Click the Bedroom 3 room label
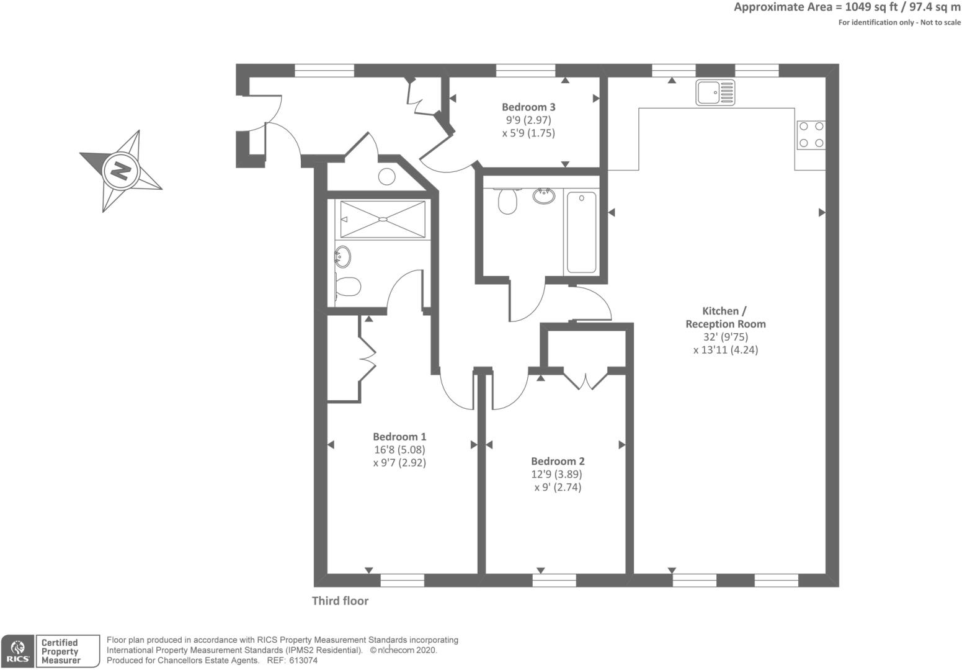click(x=528, y=107)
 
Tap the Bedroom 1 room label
click(x=399, y=437)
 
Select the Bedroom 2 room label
click(x=558, y=462)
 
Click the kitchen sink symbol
click(x=715, y=92)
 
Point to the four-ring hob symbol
click(x=811, y=135)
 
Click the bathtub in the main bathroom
click(x=582, y=233)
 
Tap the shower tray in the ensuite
click(x=383, y=219)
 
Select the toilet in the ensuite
click(x=347, y=287)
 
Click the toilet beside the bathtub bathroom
click(x=507, y=201)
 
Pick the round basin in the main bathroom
click(x=544, y=196)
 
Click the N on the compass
click(x=121, y=172)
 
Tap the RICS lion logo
click(x=17, y=647)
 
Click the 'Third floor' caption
click(x=340, y=601)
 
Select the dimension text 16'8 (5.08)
click(x=399, y=450)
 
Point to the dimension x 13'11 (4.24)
click(x=725, y=350)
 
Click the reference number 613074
click(x=303, y=661)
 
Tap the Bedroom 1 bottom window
click(x=403, y=580)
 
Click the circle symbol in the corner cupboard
click(x=386, y=177)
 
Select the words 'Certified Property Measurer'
click(x=61, y=651)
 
